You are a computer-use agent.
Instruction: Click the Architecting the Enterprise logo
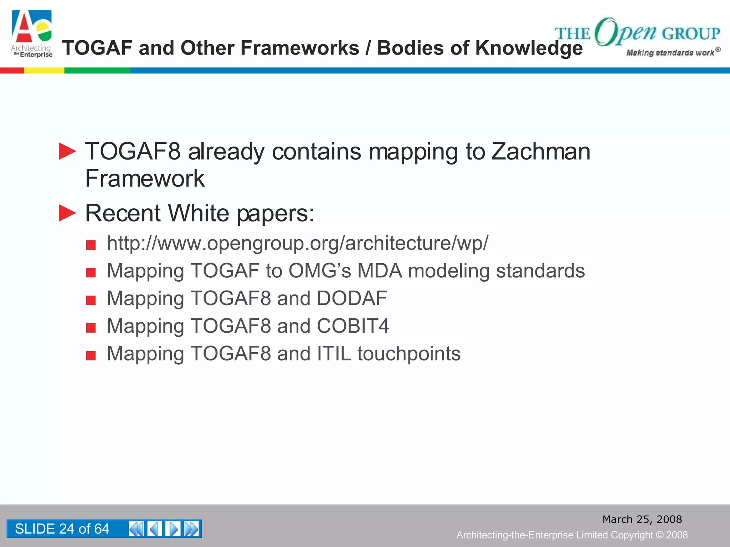coord(32,34)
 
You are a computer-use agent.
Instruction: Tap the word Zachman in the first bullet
coord(541,151)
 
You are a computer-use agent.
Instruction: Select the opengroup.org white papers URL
coord(297,243)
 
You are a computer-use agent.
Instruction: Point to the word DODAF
coord(351,298)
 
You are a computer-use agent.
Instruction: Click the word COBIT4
coord(353,326)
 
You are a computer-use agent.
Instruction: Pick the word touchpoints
coord(409,354)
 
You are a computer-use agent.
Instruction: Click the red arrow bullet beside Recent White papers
coord(67,213)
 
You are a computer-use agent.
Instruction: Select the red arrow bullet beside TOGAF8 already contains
coord(67,151)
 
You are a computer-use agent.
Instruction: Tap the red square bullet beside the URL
coord(91,245)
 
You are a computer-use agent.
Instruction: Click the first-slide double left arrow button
coord(136,528)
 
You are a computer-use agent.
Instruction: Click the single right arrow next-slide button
coord(173,528)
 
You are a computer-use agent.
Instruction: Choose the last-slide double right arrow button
coord(192,528)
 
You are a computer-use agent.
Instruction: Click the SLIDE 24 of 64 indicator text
coord(62,528)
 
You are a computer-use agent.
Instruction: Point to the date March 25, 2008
coord(642,519)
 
